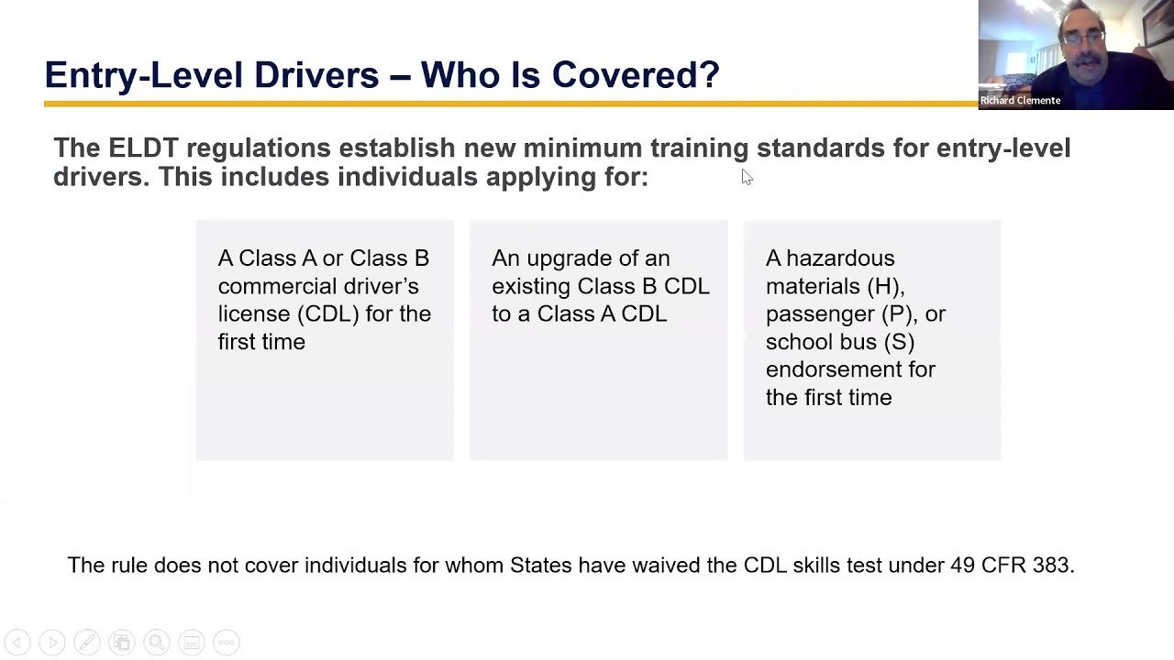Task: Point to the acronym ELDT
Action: (143, 148)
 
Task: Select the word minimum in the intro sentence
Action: (582, 148)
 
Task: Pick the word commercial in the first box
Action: (279, 286)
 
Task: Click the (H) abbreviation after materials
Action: (885, 286)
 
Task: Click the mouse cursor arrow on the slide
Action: (747, 177)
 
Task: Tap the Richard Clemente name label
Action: (1020, 101)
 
